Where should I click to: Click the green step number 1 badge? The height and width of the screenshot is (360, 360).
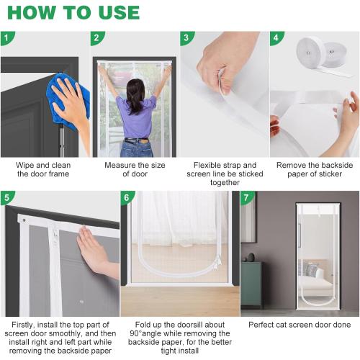pos(6,38)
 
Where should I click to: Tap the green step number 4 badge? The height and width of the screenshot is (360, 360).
pos(276,38)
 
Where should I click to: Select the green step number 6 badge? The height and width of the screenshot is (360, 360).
pos(127,197)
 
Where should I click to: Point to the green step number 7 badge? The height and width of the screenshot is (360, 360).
pos(246,197)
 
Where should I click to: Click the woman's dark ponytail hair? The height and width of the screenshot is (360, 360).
pos(135,96)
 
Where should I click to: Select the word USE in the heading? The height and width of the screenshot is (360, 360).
pos(119,12)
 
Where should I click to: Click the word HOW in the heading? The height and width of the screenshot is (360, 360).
pos(31,12)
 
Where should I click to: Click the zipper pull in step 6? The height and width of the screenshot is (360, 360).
pos(218,262)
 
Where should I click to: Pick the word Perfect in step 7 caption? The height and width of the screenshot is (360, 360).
pos(261,325)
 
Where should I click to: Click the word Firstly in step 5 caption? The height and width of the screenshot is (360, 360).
pos(23,325)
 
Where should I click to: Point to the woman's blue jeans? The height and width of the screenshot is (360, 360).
pos(136,147)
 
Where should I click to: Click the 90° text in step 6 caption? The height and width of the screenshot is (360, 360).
pos(136,333)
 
